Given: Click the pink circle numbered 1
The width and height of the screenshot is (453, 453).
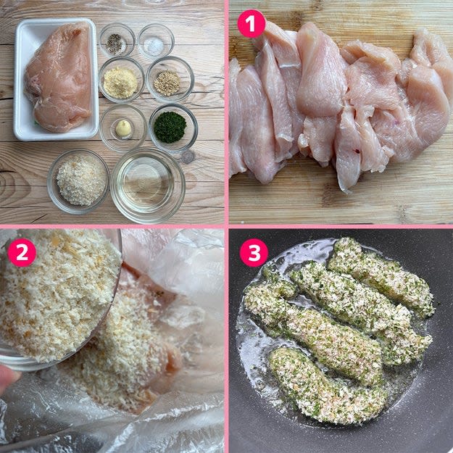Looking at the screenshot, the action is click(252, 24).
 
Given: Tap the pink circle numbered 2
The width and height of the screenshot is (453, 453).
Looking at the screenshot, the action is click(22, 252).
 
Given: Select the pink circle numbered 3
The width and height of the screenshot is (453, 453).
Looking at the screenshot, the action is click(254, 252).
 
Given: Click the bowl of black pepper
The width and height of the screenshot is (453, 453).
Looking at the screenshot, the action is click(117, 40).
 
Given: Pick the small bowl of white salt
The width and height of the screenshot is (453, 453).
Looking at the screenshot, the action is click(156, 41).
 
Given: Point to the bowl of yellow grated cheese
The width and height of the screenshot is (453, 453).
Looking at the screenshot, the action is click(121, 80).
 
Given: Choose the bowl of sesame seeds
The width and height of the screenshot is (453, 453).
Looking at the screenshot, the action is click(170, 80).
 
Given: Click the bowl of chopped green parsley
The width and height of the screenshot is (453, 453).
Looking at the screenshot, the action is click(173, 128).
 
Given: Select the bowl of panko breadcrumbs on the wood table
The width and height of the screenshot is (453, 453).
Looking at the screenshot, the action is click(78, 181).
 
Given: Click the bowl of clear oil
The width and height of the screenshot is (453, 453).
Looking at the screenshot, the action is click(148, 186).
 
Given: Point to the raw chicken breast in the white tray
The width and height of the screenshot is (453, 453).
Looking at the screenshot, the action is click(59, 77).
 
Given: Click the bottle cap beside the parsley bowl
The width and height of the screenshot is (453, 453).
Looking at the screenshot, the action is click(188, 157).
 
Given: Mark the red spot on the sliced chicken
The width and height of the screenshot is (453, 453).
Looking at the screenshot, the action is click(357, 151).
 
